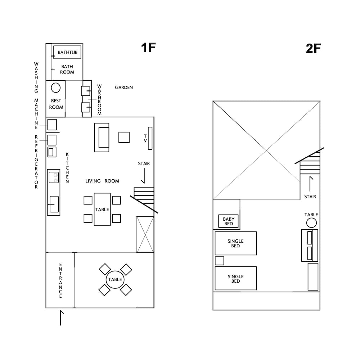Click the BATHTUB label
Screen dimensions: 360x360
pos(68,52)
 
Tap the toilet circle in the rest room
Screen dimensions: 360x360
pos(56,88)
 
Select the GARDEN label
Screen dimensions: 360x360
pos(124,87)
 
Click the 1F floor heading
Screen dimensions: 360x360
pos(148,48)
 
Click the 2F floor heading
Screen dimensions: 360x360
pos(313,49)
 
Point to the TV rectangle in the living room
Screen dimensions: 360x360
pos(150,138)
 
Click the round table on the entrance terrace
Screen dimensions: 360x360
pos(115,279)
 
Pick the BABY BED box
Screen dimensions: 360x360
pos(229,221)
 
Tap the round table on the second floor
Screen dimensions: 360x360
pos(311,223)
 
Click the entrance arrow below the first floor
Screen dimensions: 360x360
pos(61,318)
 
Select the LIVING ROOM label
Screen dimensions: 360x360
pos(102,181)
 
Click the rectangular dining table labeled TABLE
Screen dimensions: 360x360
pos(102,210)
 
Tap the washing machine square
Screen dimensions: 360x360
pos(52,125)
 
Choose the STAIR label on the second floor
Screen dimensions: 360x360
pos(310,197)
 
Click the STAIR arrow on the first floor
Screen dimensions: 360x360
pos(144,176)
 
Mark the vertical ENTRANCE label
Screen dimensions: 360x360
pos(60,280)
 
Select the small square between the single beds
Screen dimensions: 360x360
pos(220,261)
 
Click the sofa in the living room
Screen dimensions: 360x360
pos(102,138)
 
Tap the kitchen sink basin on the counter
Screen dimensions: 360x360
pos(54,204)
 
